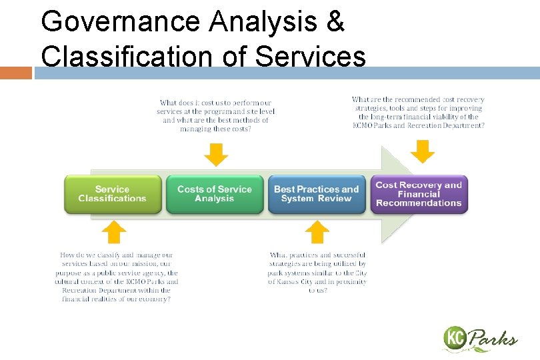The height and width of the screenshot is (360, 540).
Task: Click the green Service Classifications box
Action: pyautogui.click(x=112, y=194)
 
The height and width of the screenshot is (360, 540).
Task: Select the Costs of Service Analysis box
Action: pyautogui.click(x=215, y=194)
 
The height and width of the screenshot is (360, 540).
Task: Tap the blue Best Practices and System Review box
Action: pyautogui.click(x=317, y=194)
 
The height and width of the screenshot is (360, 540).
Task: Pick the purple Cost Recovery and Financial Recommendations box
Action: pyautogui.click(x=419, y=194)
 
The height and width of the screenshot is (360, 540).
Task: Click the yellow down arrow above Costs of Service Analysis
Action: pyautogui.click(x=216, y=155)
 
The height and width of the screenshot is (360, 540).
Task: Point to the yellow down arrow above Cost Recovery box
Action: pyautogui.click(x=422, y=151)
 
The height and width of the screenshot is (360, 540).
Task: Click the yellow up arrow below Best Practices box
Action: pyautogui.click(x=317, y=232)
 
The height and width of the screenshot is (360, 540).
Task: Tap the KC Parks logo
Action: pyautogui.click(x=479, y=339)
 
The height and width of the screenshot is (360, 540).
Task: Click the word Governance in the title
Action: pyautogui.click(x=121, y=22)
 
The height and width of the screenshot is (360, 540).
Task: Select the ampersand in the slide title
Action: pyautogui.click(x=335, y=22)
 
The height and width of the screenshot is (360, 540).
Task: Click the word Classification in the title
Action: pyautogui.click(x=127, y=57)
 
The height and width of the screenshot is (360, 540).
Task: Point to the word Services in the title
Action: pyautogui.click(x=311, y=57)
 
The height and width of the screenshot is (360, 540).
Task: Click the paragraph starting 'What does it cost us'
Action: pyautogui.click(x=215, y=116)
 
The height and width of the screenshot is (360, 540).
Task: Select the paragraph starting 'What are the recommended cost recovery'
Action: pyautogui.click(x=418, y=112)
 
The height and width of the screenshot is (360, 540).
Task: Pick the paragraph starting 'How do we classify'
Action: pyautogui.click(x=117, y=277)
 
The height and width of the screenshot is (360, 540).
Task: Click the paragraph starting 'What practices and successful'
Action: pyautogui.click(x=317, y=273)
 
